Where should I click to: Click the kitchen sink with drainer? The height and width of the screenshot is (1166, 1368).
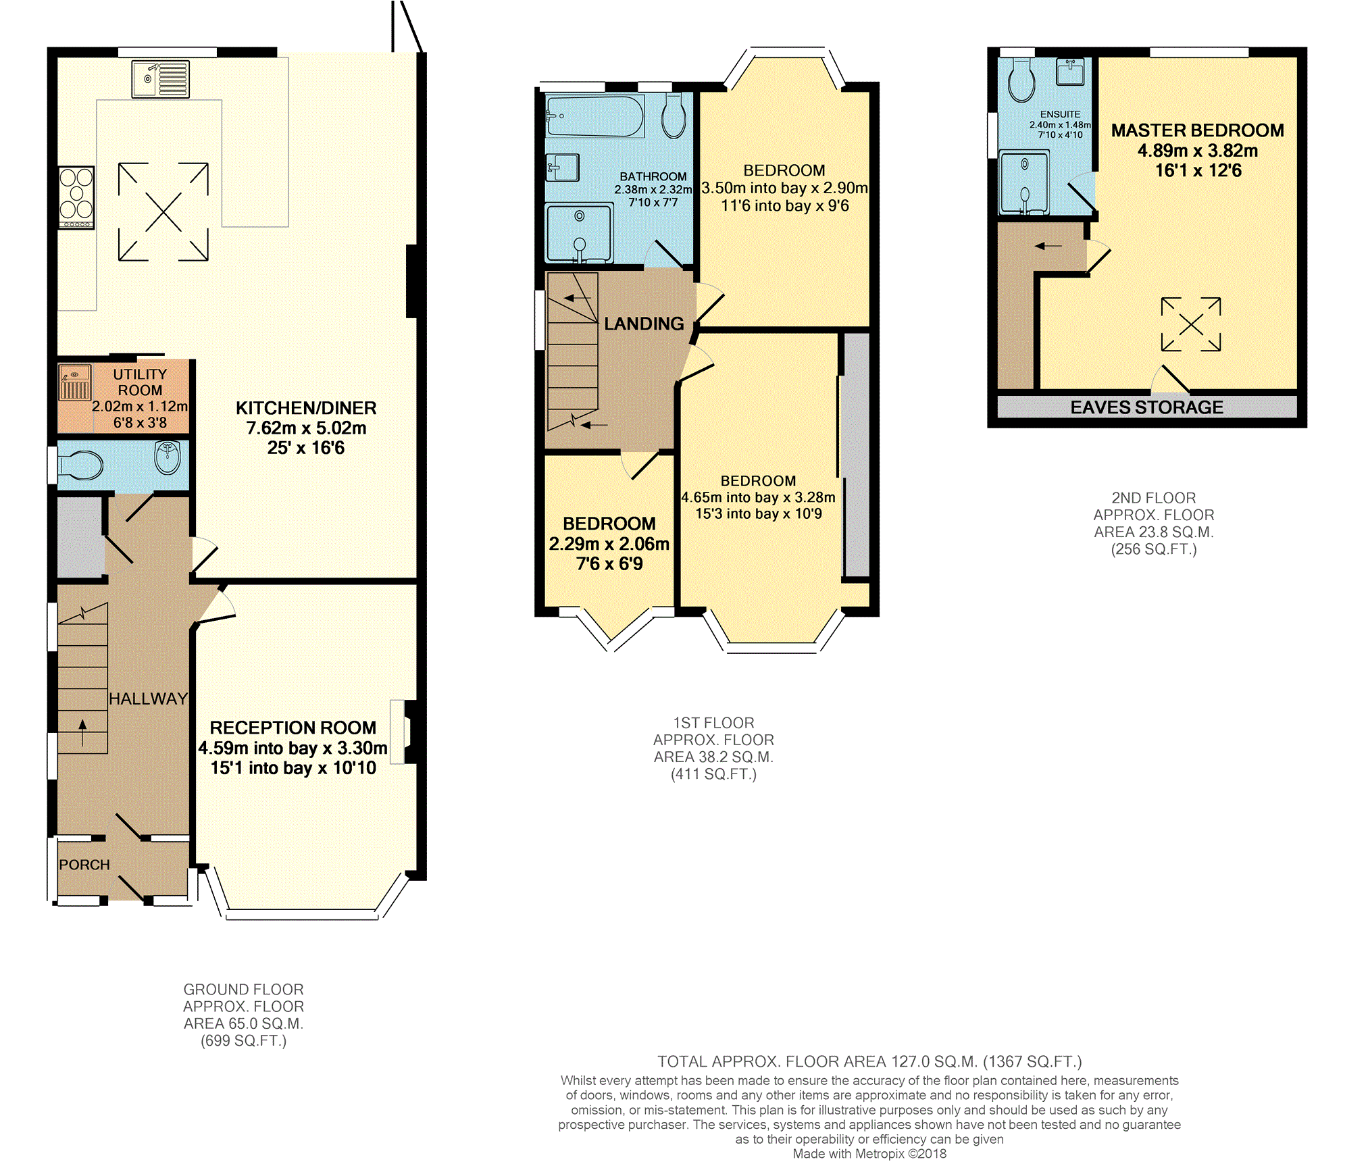(x=160, y=79)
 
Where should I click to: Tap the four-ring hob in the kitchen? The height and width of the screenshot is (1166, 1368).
(x=76, y=197)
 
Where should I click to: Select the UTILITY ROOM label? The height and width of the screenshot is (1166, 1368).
(x=140, y=382)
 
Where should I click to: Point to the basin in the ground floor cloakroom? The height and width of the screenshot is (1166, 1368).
(x=168, y=457)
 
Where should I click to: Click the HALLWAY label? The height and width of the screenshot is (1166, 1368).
(x=149, y=699)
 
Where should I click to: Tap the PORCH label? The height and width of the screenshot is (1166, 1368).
(x=84, y=865)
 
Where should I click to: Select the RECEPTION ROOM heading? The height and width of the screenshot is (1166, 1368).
(x=293, y=728)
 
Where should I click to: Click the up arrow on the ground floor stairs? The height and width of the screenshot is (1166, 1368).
(x=83, y=733)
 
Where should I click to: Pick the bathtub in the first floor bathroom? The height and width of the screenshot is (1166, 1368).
(x=594, y=116)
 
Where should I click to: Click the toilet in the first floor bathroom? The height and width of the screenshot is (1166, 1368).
(x=674, y=116)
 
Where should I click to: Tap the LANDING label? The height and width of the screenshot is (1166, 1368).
(x=644, y=324)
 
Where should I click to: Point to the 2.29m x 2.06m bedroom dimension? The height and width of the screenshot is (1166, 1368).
(x=609, y=544)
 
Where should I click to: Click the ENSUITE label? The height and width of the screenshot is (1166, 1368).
(x=1060, y=114)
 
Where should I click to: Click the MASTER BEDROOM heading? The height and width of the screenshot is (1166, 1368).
(x=1198, y=130)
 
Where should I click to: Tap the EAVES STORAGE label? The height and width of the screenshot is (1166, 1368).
(x=1147, y=407)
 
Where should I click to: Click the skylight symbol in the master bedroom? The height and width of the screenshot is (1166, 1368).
(x=1191, y=324)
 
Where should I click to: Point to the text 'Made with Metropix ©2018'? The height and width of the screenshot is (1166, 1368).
(x=869, y=1154)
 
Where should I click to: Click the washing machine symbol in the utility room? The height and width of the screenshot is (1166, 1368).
(x=74, y=383)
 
